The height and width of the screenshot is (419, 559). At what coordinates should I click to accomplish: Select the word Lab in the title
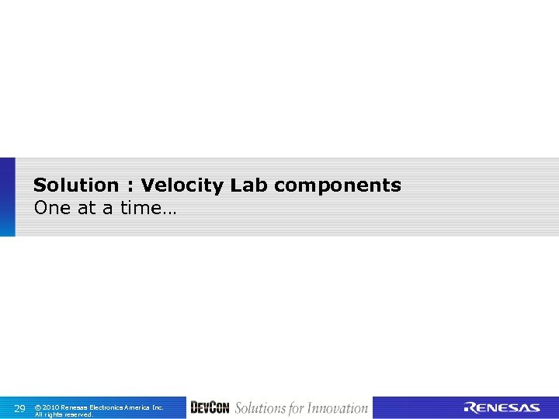(x=249, y=185)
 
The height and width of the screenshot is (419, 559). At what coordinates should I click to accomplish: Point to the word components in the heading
(x=338, y=185)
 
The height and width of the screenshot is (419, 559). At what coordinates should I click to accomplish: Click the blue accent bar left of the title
(x=7, y=197)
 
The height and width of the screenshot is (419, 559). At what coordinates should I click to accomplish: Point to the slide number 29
(x=20, y=408)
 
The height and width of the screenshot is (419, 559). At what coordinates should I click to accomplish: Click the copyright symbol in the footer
(x=39, y=407)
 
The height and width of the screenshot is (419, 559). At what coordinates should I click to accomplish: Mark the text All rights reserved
(x=64, y=414)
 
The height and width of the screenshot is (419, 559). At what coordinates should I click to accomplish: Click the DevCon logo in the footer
(x=210, y=407)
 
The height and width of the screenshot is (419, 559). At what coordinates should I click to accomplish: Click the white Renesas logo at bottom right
(x=502, y=408)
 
